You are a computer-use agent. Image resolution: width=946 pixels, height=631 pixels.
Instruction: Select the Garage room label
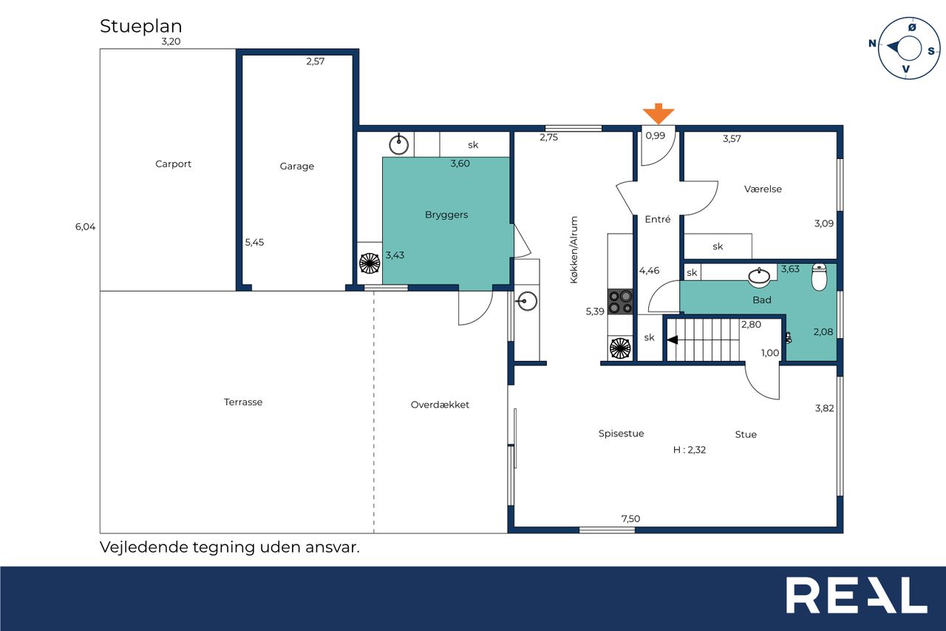pos(297,166)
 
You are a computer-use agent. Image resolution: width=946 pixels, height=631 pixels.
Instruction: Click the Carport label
pos(173,164)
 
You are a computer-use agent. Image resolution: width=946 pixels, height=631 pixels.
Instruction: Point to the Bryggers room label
pos(446,215)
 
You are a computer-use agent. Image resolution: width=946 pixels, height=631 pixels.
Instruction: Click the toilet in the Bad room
pos(820,277)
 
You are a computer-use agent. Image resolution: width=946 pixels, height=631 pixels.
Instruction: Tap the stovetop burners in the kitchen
pos(620,301)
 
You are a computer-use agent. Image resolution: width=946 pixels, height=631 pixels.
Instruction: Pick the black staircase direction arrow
pos(673,340)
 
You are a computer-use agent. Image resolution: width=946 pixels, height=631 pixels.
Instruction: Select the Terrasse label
pos(243,402)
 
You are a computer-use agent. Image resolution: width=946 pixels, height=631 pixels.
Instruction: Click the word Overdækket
pos(440,405)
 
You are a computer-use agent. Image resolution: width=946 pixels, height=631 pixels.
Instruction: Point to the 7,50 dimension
pos(630,519)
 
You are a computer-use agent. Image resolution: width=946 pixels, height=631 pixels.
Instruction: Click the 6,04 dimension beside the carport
pos(85,226)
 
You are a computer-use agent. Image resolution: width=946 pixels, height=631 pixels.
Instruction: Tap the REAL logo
pos(857,595)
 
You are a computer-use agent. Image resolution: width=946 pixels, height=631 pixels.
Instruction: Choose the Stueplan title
pos(140,26)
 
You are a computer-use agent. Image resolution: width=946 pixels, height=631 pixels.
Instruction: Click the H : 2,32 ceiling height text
pos(690,450)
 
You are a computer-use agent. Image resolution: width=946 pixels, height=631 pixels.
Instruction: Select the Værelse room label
pos(763,189)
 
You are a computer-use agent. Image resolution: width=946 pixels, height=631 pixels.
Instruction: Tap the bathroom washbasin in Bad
pos(759,277)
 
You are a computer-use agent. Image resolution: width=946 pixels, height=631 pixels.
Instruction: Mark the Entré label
pos(658,219)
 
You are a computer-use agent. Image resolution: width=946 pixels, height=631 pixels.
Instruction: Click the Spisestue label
pos(622,433)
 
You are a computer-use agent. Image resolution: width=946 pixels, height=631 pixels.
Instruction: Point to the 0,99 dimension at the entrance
pos(655,135)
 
